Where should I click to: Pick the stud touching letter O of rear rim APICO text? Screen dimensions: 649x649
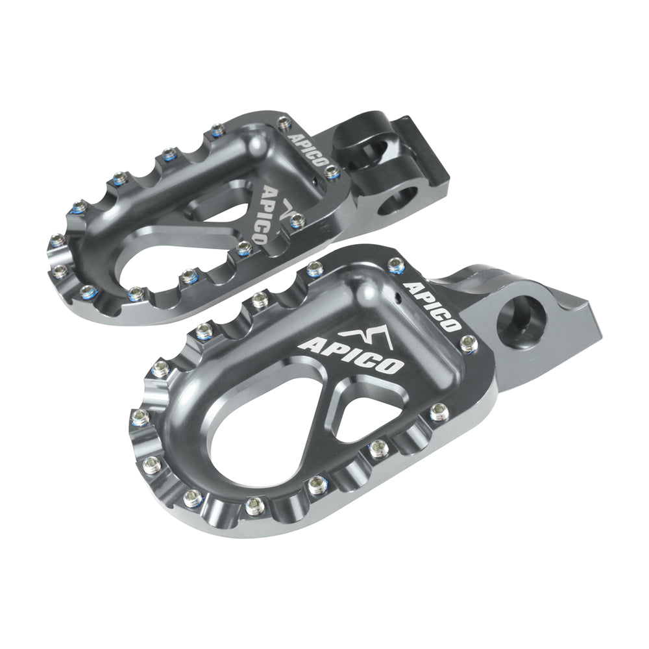pos(332,171)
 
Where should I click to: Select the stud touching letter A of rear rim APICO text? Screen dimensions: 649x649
pos(284,121)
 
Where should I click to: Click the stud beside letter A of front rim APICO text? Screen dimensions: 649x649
pos(396,265)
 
